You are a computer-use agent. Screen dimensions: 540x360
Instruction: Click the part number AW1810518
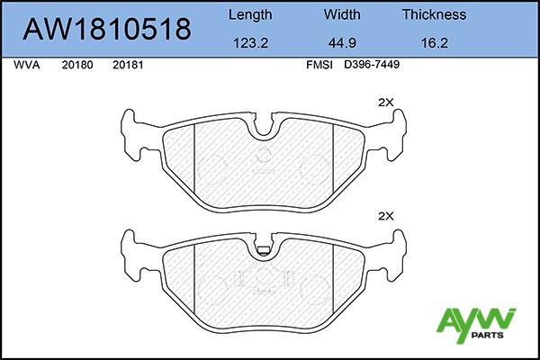click(x=107, y=29)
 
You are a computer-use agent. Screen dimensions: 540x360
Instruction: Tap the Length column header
click(x=250, y=14)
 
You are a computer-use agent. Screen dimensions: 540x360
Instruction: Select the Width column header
click(x=342, y=14)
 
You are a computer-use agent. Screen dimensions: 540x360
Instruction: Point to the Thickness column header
click(x=435, y=14)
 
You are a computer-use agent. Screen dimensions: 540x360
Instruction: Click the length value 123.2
click(x=251, y=43)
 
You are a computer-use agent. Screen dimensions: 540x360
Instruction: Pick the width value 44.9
click(x=342, y=43)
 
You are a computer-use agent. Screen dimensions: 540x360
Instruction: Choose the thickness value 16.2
click(x=435, y=43)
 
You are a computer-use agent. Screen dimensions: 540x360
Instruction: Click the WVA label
click(x=27, y=65)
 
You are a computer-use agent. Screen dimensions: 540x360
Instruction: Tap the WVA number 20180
click(x=77, y=65)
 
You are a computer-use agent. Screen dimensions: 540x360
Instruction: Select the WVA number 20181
click(x=128, y=65)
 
